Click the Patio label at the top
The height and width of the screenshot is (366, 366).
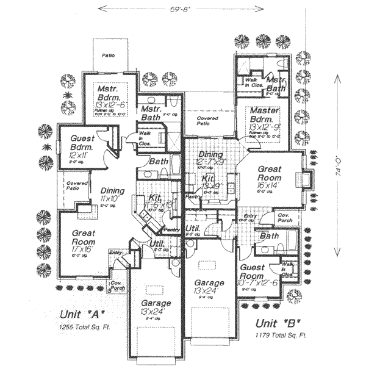(x=109, y=54)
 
